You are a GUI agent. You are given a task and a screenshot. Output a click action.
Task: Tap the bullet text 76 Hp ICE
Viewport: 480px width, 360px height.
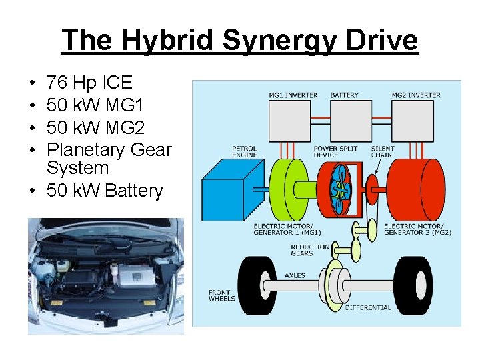coord(89,83)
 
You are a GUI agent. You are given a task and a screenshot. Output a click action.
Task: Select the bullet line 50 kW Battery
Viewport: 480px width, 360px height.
coord(105,191)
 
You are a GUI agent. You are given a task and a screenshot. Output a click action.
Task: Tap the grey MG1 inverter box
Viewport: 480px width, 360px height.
coord(293,120)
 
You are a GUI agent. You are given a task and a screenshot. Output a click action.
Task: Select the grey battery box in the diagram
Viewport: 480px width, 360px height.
coord(351,120)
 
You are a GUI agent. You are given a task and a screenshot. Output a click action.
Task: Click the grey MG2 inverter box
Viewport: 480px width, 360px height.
coord(415,120)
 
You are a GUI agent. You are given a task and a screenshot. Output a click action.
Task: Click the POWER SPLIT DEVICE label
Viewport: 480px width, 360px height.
coord(335,151)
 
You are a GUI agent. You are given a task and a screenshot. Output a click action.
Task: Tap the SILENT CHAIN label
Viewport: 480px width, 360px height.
coord(383,151)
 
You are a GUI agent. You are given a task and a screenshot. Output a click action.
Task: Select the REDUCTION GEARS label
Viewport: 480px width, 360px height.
coord(309,249)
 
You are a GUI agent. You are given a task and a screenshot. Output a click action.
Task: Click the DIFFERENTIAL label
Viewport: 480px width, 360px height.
coord(368,307)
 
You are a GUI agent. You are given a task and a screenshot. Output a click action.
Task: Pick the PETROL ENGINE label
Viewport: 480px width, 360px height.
coord(244,151)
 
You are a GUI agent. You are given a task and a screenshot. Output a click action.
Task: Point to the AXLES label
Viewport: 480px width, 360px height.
coord(295,275)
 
